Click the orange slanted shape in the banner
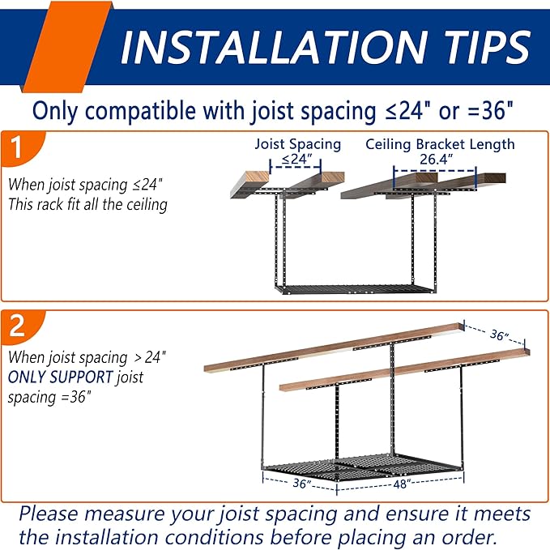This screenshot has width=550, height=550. point(67,47)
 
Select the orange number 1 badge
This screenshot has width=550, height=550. point(21,147)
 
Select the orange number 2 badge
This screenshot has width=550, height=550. point(21,326)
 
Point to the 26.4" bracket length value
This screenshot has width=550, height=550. point(436,160)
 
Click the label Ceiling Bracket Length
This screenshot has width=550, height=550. point(440,144)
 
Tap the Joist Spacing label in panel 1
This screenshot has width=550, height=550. point(298,144)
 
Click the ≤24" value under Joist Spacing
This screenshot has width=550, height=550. point(296,160)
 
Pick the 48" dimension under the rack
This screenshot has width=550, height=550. point(401,484)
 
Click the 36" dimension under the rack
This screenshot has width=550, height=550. point(302,484)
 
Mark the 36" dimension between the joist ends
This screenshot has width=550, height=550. point(499,335)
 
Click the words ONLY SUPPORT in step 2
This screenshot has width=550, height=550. point(60,377)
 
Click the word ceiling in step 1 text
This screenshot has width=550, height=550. point(147,205)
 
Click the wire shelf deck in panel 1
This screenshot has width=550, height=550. point(356,289)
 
